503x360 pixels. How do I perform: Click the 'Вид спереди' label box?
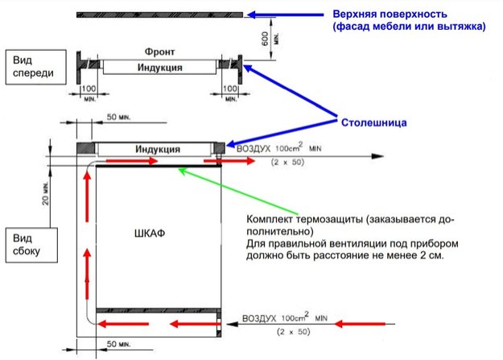coord(36,67)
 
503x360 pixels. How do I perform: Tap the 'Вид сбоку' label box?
coord(31,245)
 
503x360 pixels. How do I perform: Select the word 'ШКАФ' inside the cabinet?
coord(150,233)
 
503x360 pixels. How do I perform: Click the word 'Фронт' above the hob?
coord(159,52)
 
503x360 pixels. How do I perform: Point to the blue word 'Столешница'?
coord(373,122)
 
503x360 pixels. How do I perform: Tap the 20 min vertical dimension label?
coord(45,193)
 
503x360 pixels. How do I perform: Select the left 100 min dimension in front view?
coord(89,93)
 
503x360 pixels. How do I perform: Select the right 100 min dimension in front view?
coord(230,93)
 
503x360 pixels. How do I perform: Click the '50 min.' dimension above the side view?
coord(118,118)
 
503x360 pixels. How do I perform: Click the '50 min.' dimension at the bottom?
coord(118,344)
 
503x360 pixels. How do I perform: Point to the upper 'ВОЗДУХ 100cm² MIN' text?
coord(278,148)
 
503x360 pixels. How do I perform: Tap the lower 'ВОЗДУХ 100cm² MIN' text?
coord(285,317)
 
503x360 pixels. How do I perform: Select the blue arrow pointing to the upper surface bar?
coord(285,14)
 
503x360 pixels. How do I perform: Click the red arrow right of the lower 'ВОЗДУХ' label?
coord(360,324)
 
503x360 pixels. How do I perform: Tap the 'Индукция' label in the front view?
coord(160,68)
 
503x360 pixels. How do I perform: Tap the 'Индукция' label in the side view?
coord(158,149)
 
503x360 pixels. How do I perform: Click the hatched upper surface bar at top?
coord(159,14)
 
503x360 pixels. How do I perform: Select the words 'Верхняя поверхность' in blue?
coord(390,14)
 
